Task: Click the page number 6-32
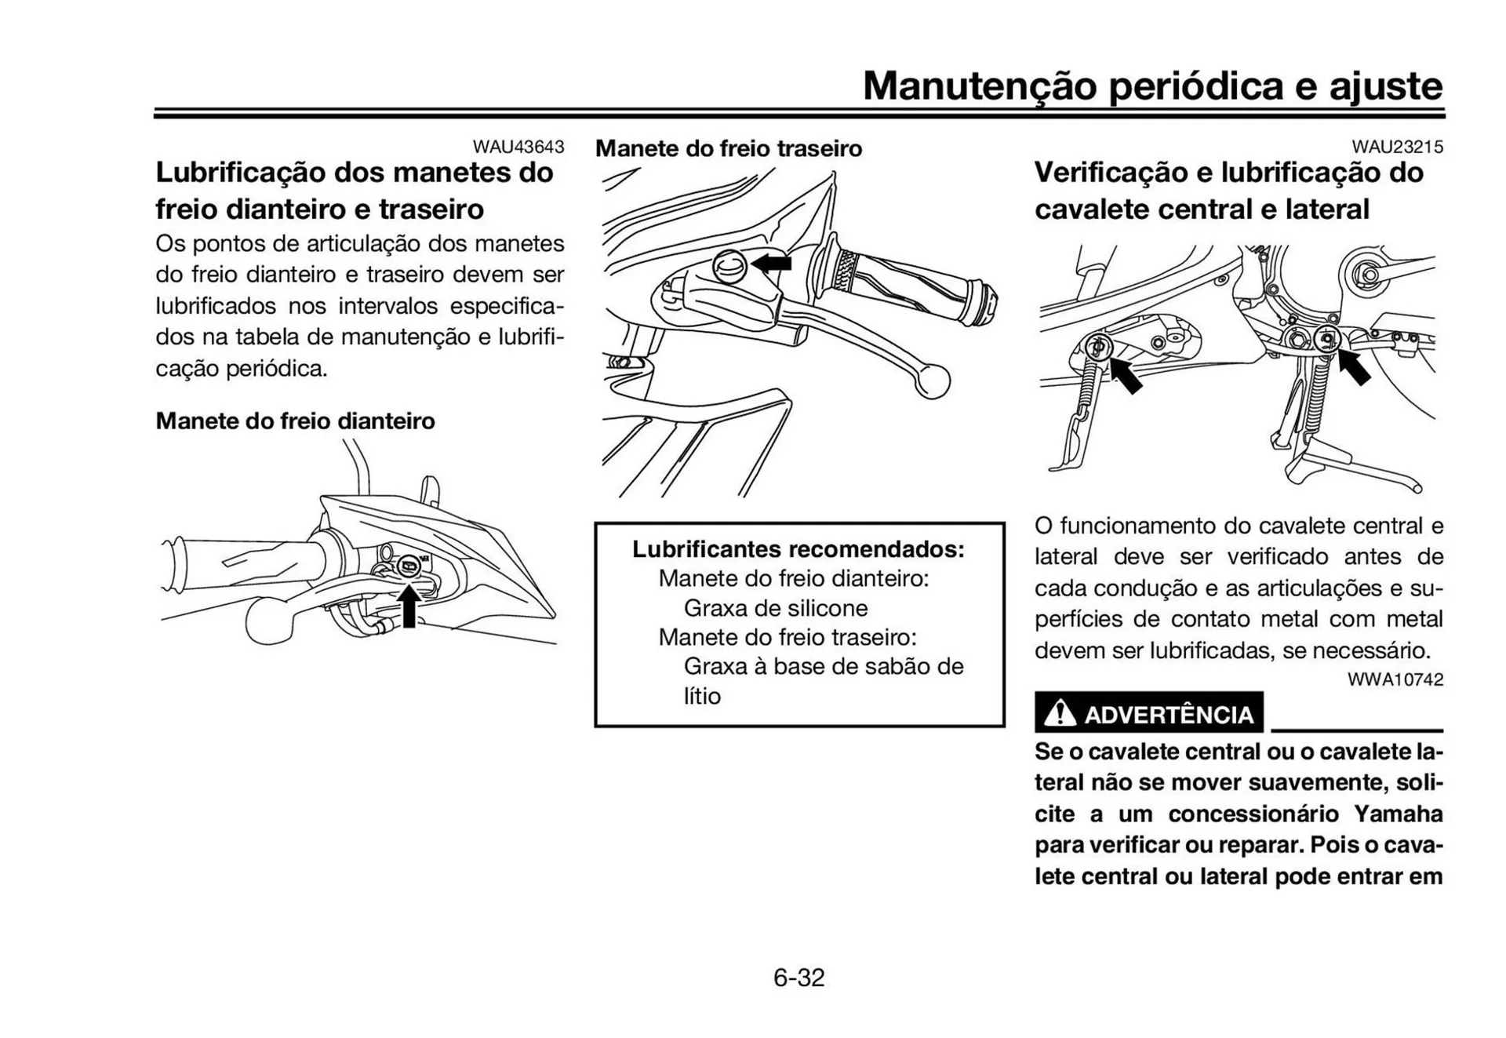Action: click(x=798, y=978)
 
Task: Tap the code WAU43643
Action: click(x=518, y=147)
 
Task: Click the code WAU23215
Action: click(x=1396, y=147)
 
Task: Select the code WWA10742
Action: click(x=1395, y=679)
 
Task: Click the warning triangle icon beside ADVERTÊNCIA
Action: click(x=1060, y=713)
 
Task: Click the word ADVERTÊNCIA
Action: click(x=1168, y=715)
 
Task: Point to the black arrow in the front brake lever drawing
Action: click(x=409, y=606)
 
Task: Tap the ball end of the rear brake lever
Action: click(x=932, y=381)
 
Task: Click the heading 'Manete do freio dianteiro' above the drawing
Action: click(x=295, y=421)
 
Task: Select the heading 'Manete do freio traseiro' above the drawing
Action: click(x=728, y=148)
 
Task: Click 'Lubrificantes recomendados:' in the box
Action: click(x=798, y=548)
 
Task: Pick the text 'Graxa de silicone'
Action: click(x=775, y=608)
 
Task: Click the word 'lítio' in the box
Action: click(x=701, y=696)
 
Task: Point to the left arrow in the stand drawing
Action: click(x=1125, y=375)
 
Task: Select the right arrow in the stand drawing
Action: click(x=1353, y=367)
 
